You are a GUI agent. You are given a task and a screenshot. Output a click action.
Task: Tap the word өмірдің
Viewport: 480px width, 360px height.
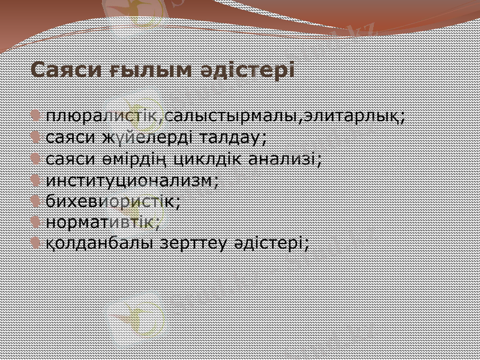[x=132, y=158]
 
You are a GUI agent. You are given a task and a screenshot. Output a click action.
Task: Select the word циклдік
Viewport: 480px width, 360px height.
[x=206, y=158]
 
